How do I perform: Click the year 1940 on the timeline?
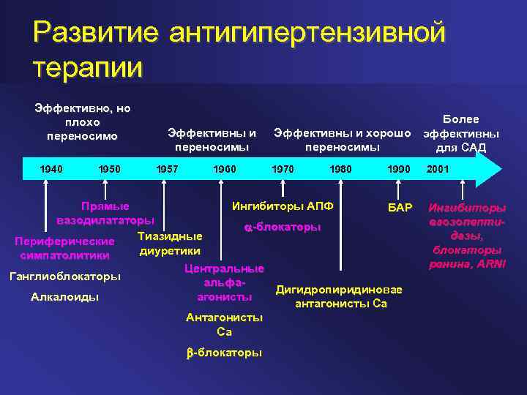(51, 169)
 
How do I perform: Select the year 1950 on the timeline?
(109, 169)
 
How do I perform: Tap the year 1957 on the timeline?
(168, 169)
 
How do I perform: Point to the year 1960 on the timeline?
(224, 169)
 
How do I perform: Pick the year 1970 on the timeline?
(283, 169)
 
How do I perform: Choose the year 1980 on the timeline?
(340, 169)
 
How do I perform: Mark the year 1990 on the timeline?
(399, 169)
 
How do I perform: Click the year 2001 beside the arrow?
(438, 169)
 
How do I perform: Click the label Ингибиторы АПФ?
(283, 206)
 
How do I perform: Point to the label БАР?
(400, 207)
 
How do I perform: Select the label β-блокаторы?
(225, 352)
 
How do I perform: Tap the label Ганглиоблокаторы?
(64, 277)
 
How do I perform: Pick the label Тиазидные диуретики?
(170, 243)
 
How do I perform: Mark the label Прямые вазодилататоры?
(105, 212)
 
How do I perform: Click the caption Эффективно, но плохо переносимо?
(83, 122)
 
